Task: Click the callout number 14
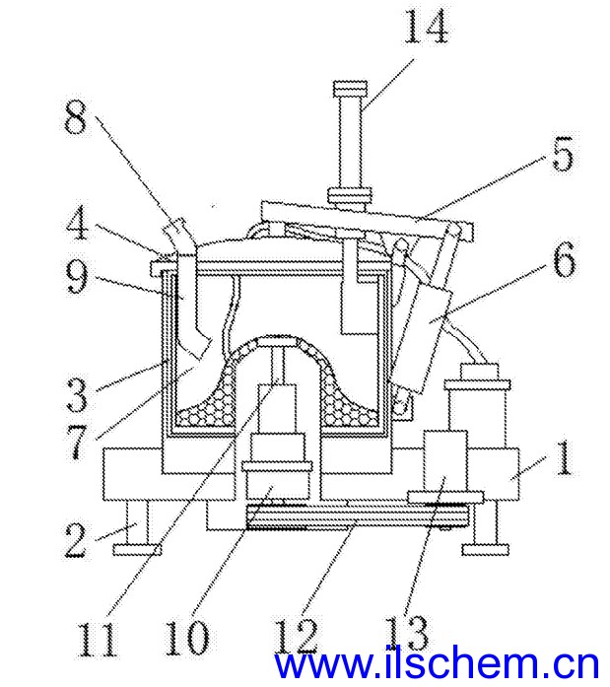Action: pos(425,29)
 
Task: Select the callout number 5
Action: pos(561,156)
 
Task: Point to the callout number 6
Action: pos(563,263)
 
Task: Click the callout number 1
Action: pos(564,458)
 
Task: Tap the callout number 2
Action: pos(76,540)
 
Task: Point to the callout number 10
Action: pos(186,637)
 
